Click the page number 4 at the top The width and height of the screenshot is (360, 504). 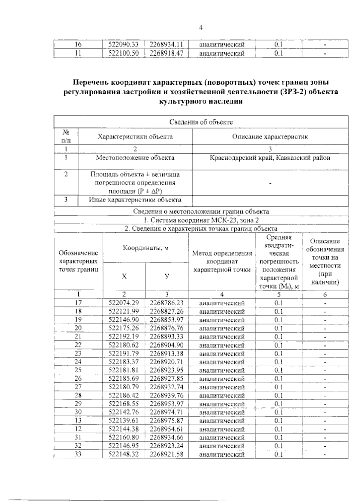coord(201,28)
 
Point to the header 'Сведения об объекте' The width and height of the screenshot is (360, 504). coord(201,122)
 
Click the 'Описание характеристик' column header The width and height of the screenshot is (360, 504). coord(270,137)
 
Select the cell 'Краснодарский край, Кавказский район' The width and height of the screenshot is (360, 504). coord(270,158)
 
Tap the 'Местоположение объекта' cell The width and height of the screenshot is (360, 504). coord(135,158)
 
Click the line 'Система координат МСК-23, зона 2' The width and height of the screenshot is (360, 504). coord(201,220)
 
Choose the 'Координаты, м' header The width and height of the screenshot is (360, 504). coord(145,248)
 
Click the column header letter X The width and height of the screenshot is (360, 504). coord(124,276)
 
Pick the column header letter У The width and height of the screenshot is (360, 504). coord(167,276)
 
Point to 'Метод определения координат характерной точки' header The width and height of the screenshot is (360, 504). coord(222,261)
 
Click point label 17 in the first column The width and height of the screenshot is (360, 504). coord(78,303)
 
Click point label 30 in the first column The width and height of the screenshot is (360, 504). coord(78,412)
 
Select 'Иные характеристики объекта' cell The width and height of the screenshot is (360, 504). coord(135,200)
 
